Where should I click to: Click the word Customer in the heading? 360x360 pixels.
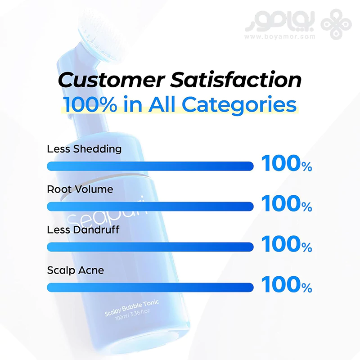point(111,80)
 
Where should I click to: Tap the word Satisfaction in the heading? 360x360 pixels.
point(236,80)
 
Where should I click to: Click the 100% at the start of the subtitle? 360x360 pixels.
point(90,104)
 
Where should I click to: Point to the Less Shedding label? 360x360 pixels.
point(84,149)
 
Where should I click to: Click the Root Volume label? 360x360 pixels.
point(80,189)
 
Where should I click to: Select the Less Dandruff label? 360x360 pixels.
point(83,230)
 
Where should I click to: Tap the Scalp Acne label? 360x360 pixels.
point(76,270)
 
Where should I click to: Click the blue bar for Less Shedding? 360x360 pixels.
point(150,166)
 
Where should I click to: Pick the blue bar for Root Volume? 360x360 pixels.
point(150,207)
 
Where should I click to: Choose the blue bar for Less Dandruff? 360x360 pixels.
point(150,247)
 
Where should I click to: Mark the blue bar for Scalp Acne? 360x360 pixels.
point(150,288)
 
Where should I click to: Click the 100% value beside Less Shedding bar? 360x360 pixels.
point(287,163)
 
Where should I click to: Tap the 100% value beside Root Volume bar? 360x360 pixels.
point(287,204)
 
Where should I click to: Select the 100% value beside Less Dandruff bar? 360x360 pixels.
point(287,244)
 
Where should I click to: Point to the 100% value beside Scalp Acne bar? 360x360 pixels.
point(287,284)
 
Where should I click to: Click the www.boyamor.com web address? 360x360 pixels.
point(280,36)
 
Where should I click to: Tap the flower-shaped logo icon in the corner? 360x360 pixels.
point(336,24)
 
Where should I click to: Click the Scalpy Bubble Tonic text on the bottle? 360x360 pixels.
point(132,308)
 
